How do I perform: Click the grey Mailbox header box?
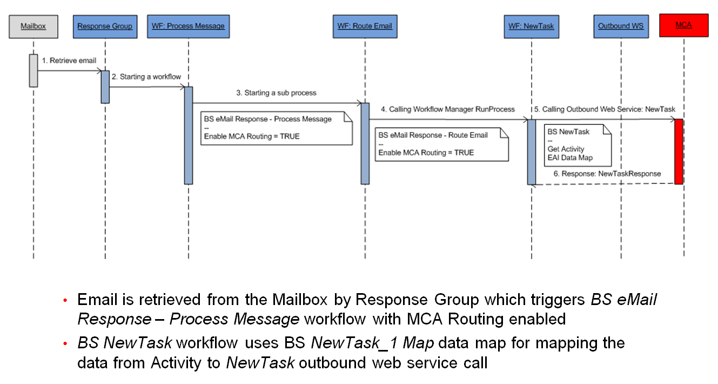click(x=33, y=27)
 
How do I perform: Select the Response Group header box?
click(x=104, y=27)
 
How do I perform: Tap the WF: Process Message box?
click(x=189, y=27)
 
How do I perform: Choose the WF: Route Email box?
click(x=365, y=27)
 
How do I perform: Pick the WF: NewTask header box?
click(x=531, y=27)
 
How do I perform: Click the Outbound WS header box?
click(x=621, y=27)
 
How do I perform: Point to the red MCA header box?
click(x=683, y=26)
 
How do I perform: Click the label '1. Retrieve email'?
click(x=69, y=61)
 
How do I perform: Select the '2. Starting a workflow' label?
click(x=146, y=77)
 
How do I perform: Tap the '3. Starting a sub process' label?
click(x=276, y=92)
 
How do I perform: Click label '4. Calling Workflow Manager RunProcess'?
click(x=448, y=109)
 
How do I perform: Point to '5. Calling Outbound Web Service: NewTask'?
click(x=605, y=109)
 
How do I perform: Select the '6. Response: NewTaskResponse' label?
click(x=607, y=174)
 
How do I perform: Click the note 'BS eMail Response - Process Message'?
click(x=276, y=128)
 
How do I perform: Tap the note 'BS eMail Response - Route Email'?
click(x=441, y=144)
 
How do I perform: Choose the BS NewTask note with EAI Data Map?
click(x=576, y=144)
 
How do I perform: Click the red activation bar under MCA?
click(x=679, y=151)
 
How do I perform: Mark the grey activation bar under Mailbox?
click(x=33, y=70)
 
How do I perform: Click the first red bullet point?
click(x=65, y=300)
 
